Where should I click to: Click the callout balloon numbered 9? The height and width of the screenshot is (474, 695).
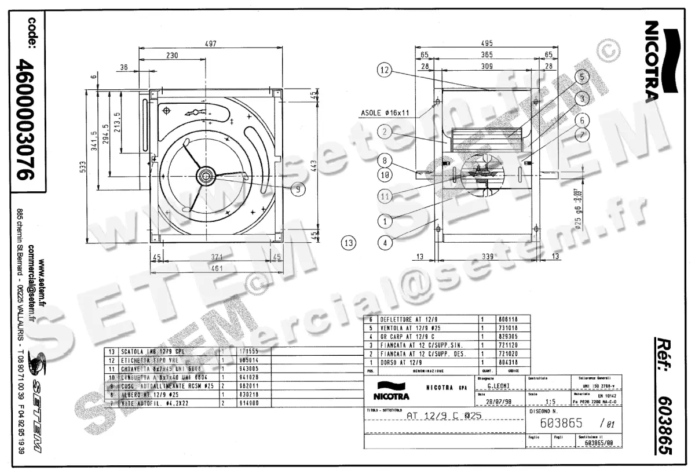297,188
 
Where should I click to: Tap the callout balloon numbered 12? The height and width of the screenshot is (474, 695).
386,70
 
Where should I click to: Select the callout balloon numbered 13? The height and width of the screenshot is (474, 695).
348,242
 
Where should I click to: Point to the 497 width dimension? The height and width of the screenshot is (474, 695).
211,43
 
